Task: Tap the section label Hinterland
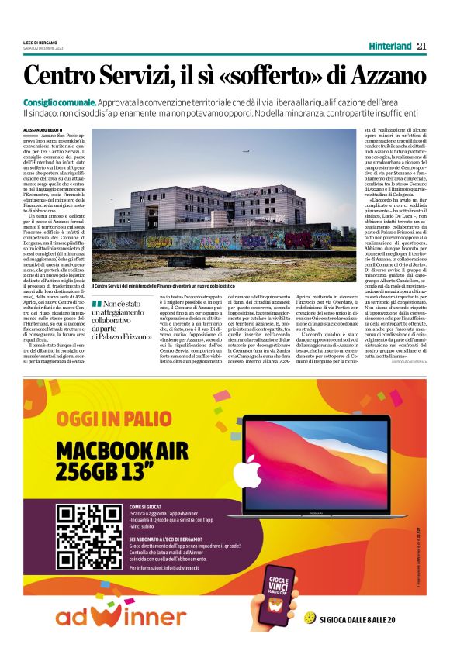[389, 46]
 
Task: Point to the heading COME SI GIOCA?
[147, 505]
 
